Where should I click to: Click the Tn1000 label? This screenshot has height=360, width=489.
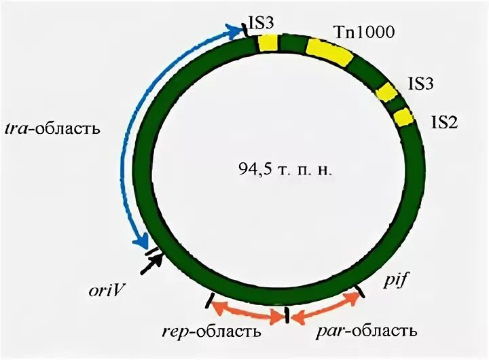coord(365,32)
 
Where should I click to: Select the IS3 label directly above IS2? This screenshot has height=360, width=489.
coord(420,84)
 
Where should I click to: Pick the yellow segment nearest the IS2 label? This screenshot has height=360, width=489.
coord(403,118)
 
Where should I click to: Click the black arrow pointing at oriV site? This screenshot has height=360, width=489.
coord(150,263)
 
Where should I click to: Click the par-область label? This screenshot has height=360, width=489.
coord(366,331)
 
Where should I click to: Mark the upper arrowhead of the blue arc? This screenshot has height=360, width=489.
coord(240,28)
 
